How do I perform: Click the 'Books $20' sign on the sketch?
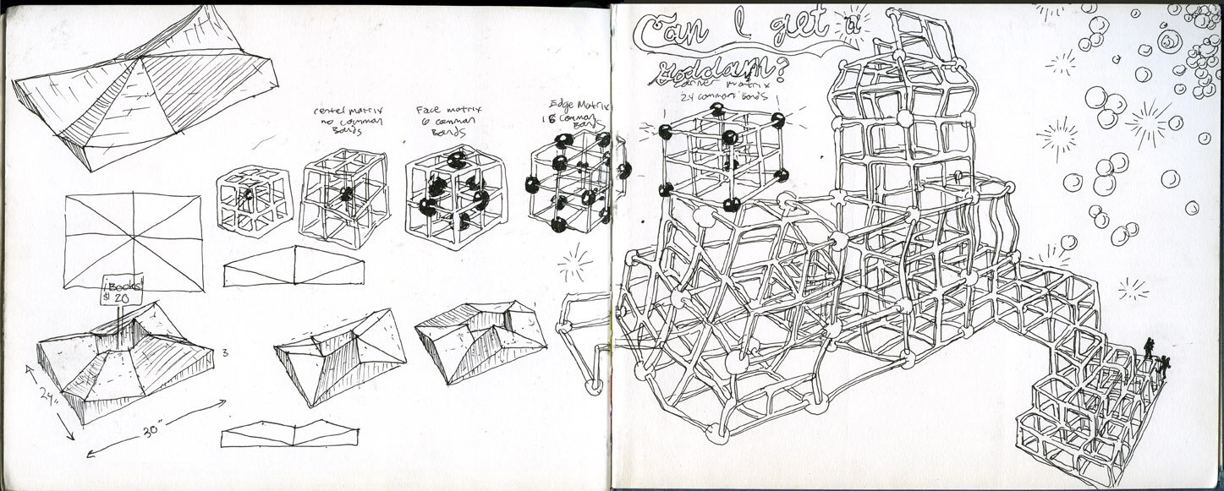click(119, 289)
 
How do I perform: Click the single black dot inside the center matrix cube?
click(346, 194)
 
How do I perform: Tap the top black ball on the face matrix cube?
click(456, 160)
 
